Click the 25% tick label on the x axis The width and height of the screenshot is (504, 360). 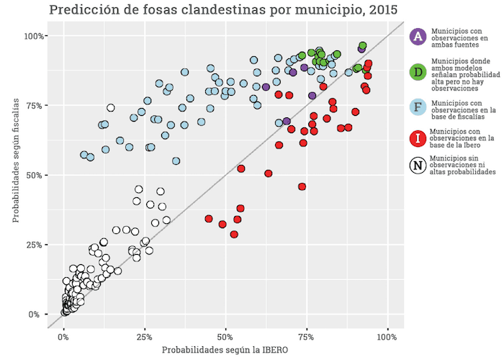point(144,336)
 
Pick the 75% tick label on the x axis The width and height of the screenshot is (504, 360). point(306,336)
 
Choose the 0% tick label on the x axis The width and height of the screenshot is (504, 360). point(63,336)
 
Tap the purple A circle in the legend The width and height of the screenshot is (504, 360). point(417,37)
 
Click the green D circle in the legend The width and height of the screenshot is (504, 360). point(417,73)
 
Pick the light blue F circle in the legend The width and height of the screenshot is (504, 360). point(417,108)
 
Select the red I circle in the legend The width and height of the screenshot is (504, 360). point(417,138)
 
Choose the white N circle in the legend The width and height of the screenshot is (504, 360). point(417,166)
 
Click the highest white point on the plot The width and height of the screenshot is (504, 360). point(111,108)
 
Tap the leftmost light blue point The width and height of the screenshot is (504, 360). point(84,155)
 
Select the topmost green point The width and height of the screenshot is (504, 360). point(363,45)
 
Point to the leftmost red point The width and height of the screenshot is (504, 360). point(209,218)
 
